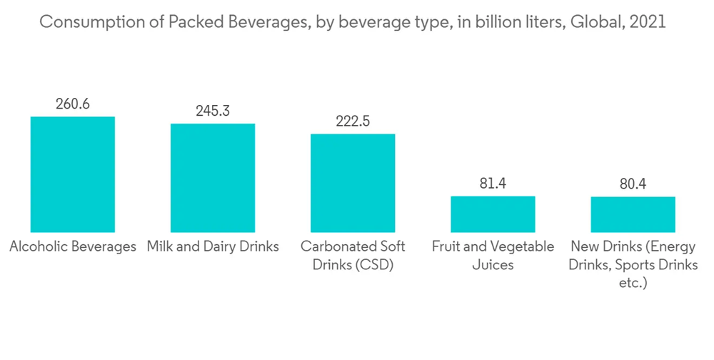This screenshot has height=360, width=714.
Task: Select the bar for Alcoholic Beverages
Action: (x=72, y=174)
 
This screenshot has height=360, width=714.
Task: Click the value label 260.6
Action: (x=72, y=104)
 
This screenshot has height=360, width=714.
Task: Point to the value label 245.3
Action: (x=212, y=111)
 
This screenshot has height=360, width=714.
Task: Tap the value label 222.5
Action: (x=352, y=121)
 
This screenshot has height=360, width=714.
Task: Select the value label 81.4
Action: (x=493, y=184)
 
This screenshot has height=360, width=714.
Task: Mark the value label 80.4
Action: (x=633, y=184)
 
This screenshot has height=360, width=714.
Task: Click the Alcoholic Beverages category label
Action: (x=72, y=247)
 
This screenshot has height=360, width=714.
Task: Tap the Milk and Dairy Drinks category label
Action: (x=212, y=247)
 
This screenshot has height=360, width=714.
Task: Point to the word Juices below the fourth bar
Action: (x=493, y=266)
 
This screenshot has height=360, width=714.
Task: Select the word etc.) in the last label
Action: (x=633, y=284)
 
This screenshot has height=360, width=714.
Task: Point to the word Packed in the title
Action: (x=192, y=22)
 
